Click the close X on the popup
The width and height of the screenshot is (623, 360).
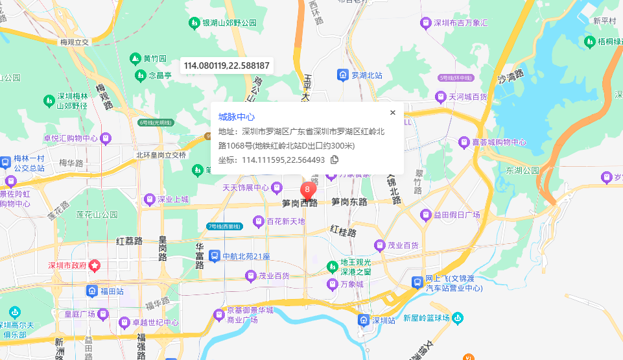pos(392,112)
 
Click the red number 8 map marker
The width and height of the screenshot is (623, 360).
pos(308,189)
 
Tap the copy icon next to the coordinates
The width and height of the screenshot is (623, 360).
pos(335,160)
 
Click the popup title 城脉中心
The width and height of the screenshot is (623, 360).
pos(236,117)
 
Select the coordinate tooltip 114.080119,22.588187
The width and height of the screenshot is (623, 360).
pos(227,66)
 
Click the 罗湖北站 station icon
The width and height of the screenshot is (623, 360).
pos(342,75)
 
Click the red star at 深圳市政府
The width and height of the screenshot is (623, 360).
pos(94,265)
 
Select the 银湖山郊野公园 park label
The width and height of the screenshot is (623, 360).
pos(229,23)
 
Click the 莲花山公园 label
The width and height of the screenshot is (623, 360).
pos(97,214)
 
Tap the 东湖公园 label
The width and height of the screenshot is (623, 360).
pos(523,171)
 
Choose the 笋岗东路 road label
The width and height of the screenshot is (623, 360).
pos(353,202)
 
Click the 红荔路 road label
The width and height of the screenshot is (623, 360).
pos(129,241)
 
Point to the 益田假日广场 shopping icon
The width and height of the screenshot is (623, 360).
pos(426,215)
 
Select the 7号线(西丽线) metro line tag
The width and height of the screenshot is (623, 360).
pos(224,226)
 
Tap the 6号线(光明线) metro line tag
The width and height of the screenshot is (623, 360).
pos(156,122)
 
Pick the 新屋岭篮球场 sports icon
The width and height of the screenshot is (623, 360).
pos(458,318)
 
